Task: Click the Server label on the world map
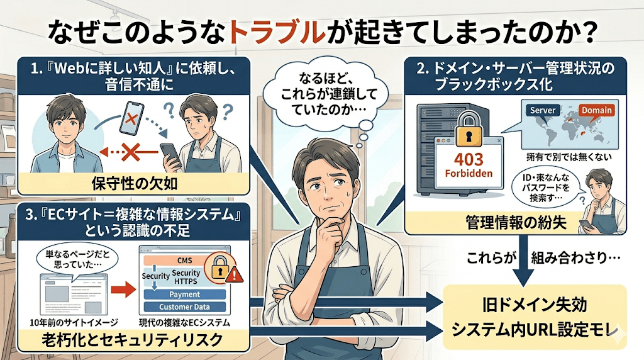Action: click(543, 110)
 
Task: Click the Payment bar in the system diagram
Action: click(184, 294)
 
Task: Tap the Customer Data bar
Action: click(184, 307)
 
